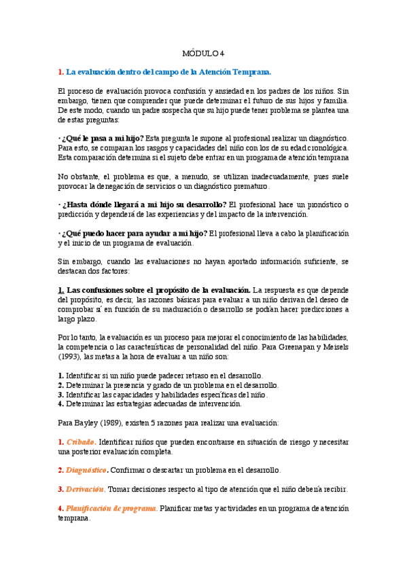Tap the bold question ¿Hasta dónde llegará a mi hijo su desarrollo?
click(145, 205)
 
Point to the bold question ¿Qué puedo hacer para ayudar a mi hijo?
click(136, 234)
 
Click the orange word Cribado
click(82, 442)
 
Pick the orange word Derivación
click(86, 489)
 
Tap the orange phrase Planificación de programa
click(112, 508)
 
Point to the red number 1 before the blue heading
click(60, 71)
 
